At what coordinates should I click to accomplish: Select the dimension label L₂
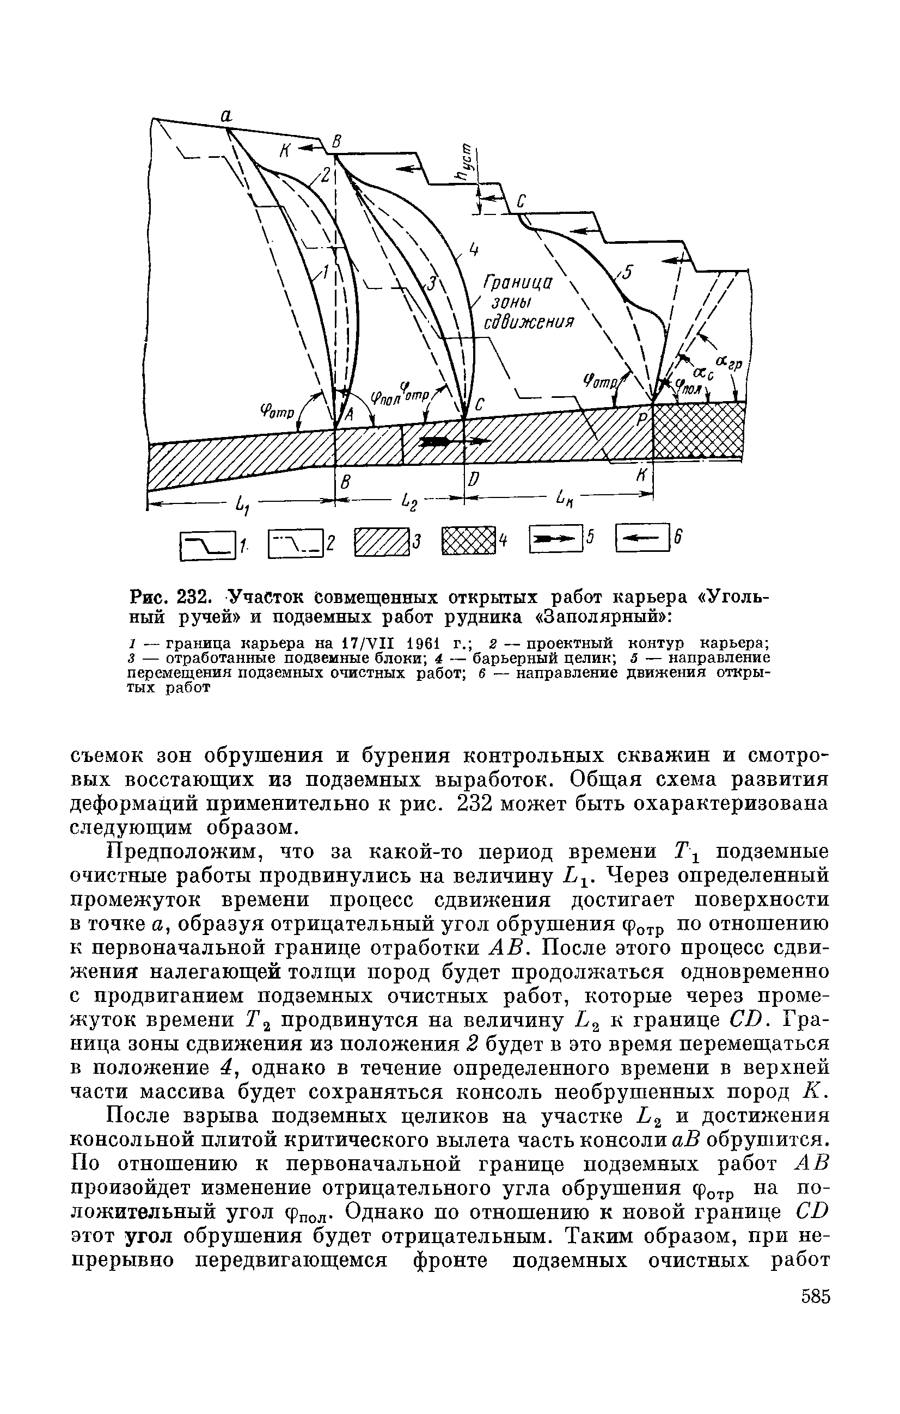(x=408, y=503)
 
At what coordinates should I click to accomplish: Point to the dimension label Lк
(x=565, y=500)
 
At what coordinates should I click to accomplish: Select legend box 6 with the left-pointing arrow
(x=642, y=537)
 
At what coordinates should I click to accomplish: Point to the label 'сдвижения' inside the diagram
(x=528, y=324)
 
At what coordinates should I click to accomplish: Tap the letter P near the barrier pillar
(x=641, y=419)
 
